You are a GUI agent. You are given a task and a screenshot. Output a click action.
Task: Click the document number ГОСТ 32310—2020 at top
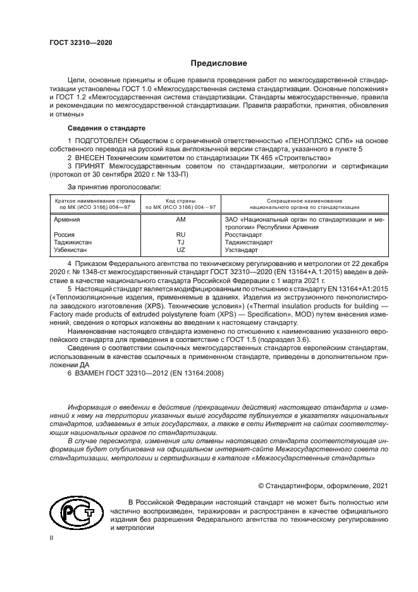tap(80, 42)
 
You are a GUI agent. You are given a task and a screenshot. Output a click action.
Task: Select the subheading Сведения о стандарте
tap(100, 127)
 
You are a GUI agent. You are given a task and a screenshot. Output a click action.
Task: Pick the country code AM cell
tap(180, 219)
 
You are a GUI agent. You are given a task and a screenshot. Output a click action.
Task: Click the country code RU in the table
tap(180, 234)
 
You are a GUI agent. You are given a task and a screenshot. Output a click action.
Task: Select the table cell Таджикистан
tap(73, 242)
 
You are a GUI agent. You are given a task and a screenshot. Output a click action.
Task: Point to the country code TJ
tap(180, 242)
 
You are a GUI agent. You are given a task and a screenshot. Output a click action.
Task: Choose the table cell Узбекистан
tap(71, 249)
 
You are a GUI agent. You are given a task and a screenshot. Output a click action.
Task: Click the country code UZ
tap(180, 249)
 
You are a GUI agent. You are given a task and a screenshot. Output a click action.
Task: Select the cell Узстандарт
tap(243, 249)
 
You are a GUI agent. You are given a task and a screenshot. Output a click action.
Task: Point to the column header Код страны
tap(181, 200)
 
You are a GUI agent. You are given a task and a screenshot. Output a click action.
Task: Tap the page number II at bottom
tap(52, 537)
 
